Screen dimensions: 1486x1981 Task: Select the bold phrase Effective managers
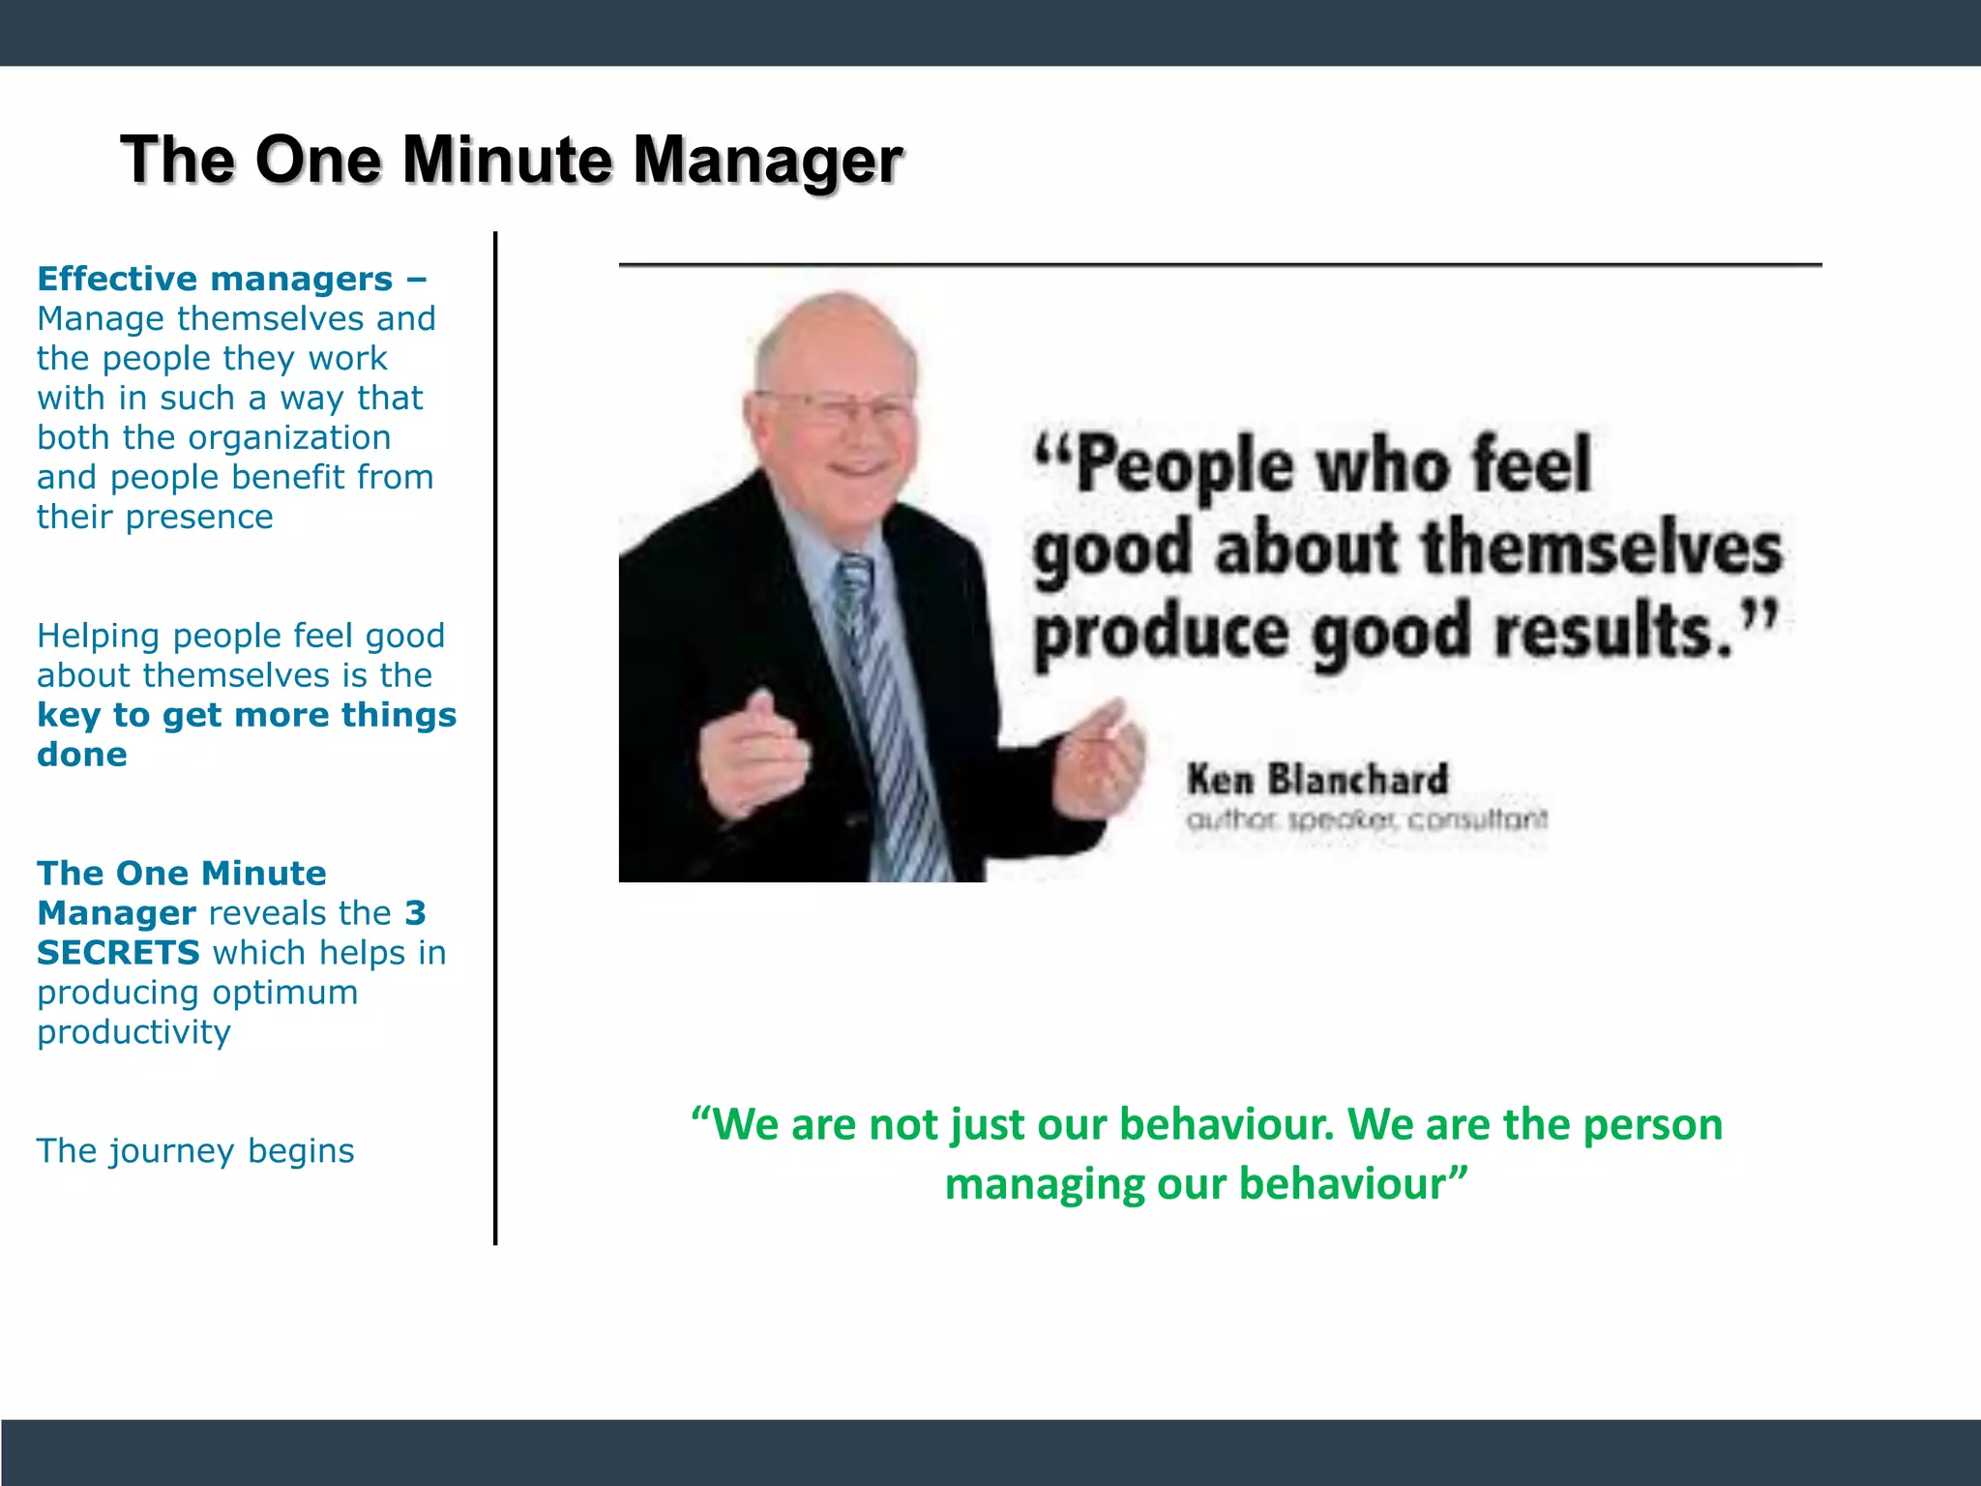coord(215,279)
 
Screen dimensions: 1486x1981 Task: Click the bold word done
coord(82,755)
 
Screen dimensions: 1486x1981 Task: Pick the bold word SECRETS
coord(118,953)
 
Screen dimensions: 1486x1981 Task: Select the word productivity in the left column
coord(133,1032)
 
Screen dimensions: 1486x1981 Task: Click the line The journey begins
coord(195,1151)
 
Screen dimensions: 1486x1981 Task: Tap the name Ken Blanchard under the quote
coord(1317,780)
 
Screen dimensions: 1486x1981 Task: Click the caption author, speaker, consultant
coord(1366,820)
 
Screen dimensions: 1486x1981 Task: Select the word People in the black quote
coord(1184,465)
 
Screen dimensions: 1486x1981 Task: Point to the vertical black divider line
coord(495,735)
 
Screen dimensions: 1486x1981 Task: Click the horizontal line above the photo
coord(1219,264)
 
